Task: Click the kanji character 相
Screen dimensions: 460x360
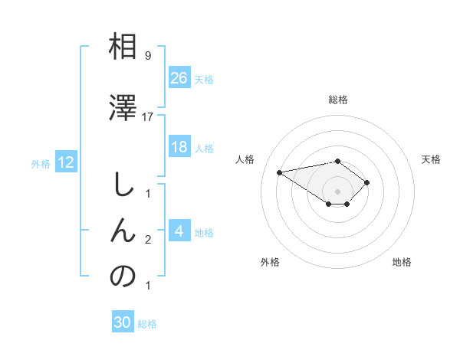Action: (x=123, y=47)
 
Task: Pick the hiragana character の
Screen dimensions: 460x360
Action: (x=123, y=277)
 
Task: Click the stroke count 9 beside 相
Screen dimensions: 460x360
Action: (x=147, y=56)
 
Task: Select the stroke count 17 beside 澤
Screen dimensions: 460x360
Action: (x=148, y=116)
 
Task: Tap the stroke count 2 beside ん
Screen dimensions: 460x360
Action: (x=147, y=240)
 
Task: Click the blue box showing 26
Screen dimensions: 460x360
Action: (x=179, y=78)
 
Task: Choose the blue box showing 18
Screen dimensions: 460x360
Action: (x=179, y=147)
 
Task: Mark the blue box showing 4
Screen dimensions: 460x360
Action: (x=179, y=231)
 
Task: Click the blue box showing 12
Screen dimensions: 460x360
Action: (x=65, y=162)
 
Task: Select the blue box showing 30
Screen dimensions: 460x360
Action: (x=123, y=322)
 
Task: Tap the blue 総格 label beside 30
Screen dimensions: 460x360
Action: (x=147, y=324)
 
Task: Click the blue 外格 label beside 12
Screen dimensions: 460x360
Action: (x=40, y=163)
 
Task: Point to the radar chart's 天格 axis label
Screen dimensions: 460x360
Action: (x=431, y=159)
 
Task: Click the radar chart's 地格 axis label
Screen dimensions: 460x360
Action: (x=402, y=262)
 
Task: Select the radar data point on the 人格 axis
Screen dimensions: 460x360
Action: (x=280, y=172)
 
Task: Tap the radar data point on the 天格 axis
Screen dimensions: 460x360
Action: (x=367, y=182)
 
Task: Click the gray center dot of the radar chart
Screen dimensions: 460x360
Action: (x=337, y=191)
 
